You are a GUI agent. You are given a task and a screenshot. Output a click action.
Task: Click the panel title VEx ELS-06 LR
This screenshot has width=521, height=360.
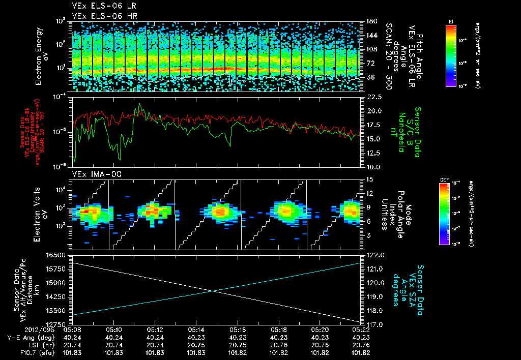tap(100, 6)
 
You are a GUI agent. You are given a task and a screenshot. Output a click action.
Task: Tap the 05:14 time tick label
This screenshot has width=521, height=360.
tap(196, 329)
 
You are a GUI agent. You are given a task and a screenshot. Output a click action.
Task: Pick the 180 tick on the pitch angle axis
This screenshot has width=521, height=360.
tap(370, 21)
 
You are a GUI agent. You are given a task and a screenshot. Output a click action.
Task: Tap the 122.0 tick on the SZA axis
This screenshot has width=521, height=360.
tap(374, 255)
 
